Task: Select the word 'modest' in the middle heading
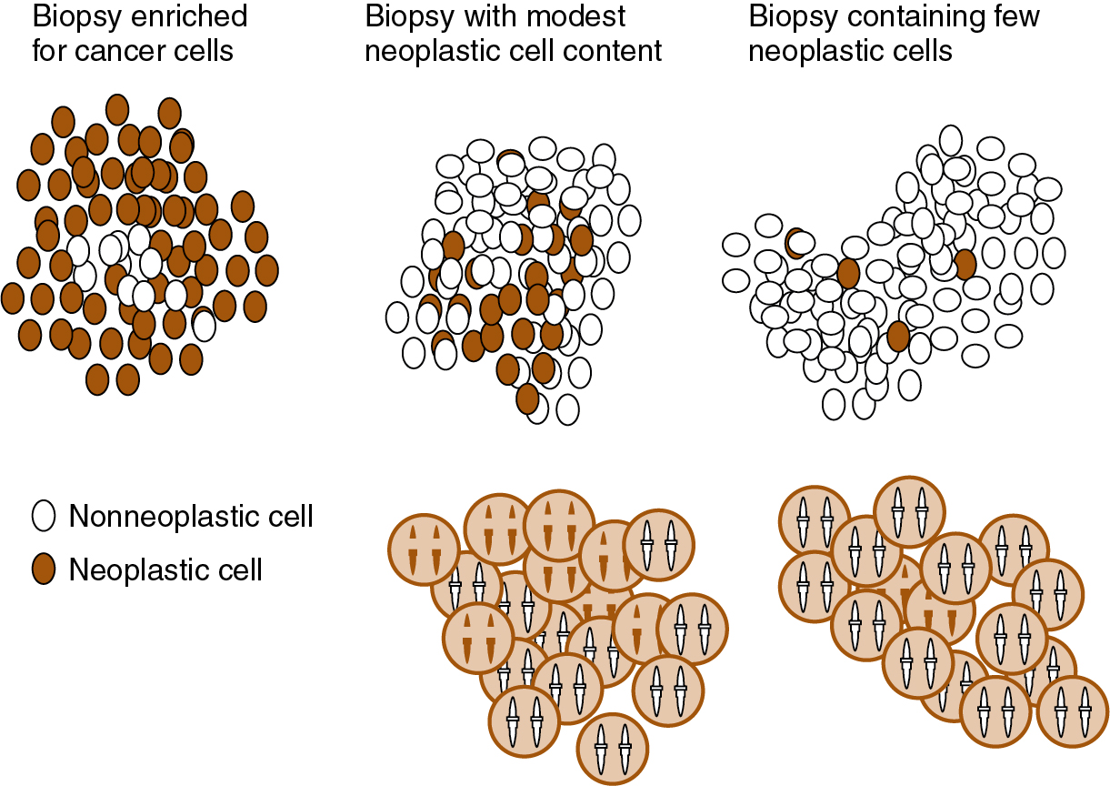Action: (x=582, y=16)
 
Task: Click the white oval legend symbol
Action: (x=44, y=516)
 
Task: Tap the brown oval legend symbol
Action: (x=44, y=569)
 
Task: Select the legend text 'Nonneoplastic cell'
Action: (x=191, y=517)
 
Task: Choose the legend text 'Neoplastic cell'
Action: (x=165, y=570)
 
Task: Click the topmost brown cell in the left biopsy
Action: (x=117, y=108)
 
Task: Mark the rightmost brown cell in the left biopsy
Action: (x=266, y=269)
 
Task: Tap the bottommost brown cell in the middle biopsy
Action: (x=527, y=398)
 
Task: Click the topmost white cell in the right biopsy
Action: (x=950, y=140)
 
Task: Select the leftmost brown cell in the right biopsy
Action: (x=796, y=243)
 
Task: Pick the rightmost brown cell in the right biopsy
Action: (x=965, y=264)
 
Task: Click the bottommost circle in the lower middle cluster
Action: (x=613, y=749)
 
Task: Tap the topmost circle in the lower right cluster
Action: (x=910, y=512)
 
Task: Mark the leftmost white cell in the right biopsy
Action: (x=735, y=246)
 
